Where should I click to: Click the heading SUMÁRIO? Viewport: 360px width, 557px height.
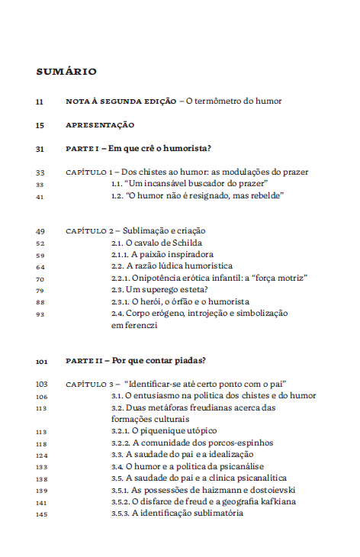[x=66, y=72]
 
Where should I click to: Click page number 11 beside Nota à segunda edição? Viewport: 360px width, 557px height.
[x=40, y=101]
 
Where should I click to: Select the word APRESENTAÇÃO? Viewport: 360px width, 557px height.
[x=100, y=124]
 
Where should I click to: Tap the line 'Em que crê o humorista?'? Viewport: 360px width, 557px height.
[x=159, y=148]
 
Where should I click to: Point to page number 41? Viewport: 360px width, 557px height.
[x=40, y=196]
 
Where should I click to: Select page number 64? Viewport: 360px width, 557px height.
[x=40, y=266]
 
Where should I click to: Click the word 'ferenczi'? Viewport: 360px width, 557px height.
[x=140, y=325]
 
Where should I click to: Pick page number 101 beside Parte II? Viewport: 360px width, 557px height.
[x=41, y=360]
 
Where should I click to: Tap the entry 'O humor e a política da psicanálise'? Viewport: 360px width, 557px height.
[x=188, y=466]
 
